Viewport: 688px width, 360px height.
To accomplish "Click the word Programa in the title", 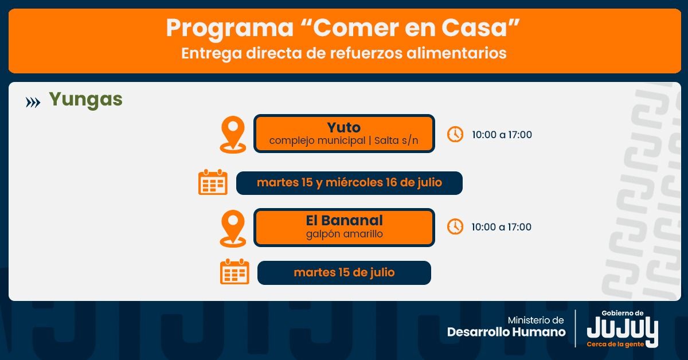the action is tap(230, 28).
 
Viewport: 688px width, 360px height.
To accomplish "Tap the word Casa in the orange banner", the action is tap(474, 28).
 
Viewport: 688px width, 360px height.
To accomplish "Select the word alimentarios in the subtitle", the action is tap(456, 53).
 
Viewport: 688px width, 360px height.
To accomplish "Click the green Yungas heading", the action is tap(85, 100).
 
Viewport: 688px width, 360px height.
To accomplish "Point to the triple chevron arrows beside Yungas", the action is tap(33, 103).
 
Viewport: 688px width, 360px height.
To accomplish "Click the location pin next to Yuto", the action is tap(233, 134).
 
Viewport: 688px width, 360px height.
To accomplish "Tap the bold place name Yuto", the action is tap(343, 127).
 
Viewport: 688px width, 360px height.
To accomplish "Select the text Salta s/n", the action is tap(396, 140).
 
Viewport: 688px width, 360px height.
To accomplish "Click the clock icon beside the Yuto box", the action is tap(455, 134).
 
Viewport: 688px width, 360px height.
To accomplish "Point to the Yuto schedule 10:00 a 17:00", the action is tap(502, 135).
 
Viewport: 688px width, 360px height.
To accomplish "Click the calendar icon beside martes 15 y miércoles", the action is tap(213, 182).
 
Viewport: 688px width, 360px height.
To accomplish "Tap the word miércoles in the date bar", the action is tap(354, 182).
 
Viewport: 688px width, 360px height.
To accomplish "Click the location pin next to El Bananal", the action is tap(233, 229).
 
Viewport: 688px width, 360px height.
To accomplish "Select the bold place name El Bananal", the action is tap(345, 220).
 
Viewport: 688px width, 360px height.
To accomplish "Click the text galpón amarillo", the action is tap(345, 234).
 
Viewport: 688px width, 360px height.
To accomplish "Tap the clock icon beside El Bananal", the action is tap(455, 226).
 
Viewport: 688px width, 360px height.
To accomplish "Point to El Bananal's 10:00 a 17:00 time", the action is tap(502, 227).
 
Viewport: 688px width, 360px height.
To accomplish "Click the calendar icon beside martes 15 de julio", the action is tap(234, 272).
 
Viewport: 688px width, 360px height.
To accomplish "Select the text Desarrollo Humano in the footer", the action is tap(506, 332).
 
